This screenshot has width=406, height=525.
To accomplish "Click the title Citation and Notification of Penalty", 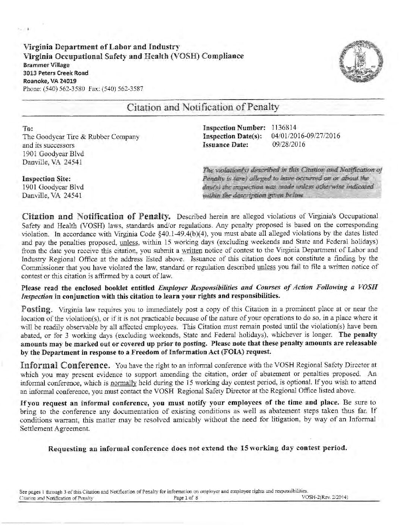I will (203, 107).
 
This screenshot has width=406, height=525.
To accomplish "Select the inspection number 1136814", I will (284, 128).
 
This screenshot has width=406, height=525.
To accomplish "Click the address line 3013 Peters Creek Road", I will (56, 73).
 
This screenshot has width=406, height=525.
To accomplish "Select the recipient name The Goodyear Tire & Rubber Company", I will (81, 137).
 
